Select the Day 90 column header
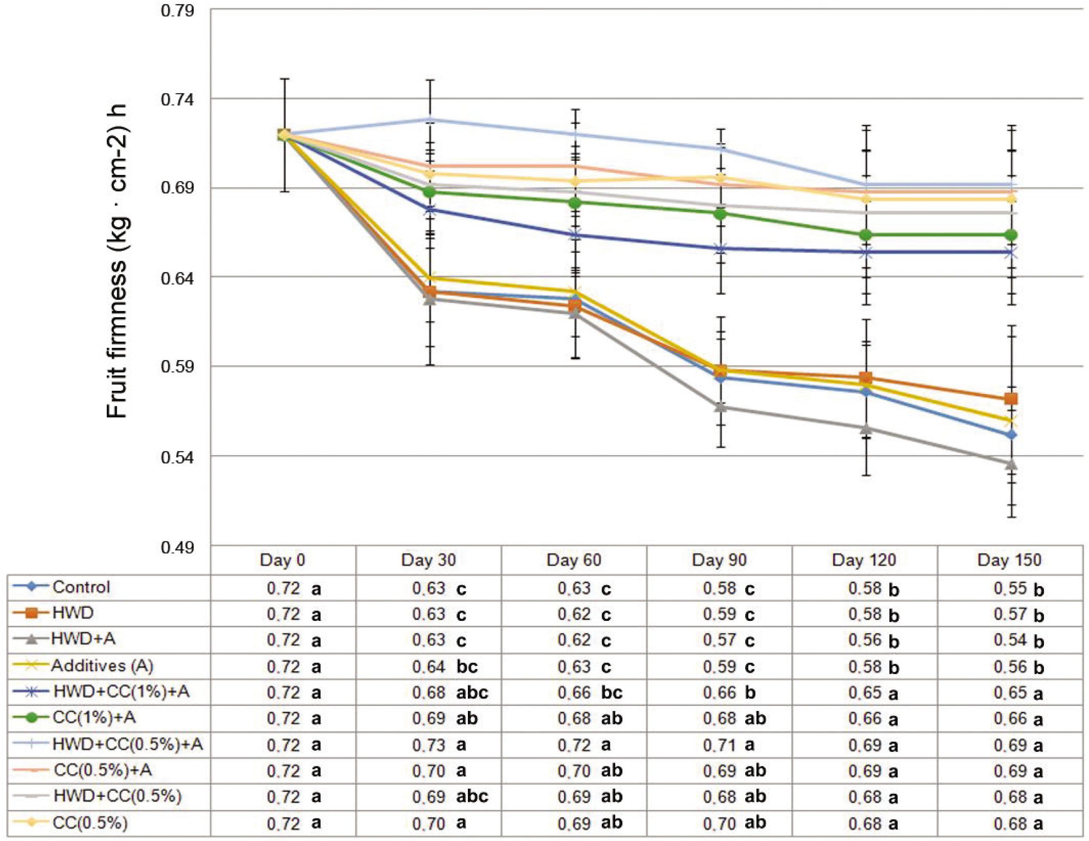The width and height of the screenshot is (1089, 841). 719,560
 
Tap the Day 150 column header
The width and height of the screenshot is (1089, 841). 1010,560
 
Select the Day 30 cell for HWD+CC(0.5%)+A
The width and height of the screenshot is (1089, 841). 439,745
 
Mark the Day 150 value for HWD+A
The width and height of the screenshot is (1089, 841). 1018,640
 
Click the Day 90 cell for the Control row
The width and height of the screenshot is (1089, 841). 728,589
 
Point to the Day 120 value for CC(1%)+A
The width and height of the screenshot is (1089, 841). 873,719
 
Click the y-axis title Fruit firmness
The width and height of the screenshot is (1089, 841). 118,262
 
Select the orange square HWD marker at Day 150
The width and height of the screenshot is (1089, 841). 1011,399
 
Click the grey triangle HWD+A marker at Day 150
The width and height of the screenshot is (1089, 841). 1011,464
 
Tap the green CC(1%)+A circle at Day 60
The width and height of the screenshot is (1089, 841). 576,203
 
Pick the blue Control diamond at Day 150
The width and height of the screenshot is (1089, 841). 1011,435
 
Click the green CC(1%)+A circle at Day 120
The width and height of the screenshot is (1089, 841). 866,235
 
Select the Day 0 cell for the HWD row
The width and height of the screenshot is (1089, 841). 294,614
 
